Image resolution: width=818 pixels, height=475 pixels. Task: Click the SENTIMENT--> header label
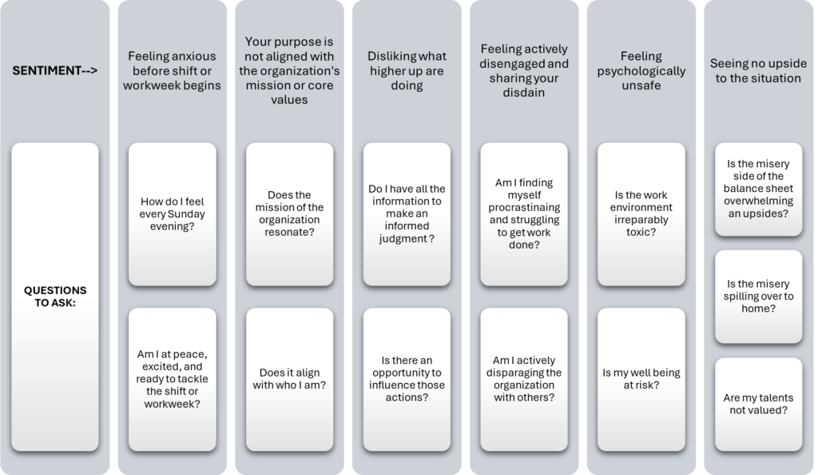(x=55, y=70)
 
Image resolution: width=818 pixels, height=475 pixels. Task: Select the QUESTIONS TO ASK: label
(x=55, y=297)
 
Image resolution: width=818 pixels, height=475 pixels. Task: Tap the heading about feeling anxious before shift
(x=173, y=70)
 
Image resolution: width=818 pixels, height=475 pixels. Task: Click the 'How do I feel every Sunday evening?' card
(x=173, y=214)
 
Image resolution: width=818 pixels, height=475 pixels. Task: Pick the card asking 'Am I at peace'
(x=173, y=380)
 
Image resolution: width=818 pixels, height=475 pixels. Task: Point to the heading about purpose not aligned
(x=289, y=70)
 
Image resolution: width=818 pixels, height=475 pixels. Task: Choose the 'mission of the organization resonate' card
(x=289, y=214)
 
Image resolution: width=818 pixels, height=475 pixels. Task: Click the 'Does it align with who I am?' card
(x=289, y=380)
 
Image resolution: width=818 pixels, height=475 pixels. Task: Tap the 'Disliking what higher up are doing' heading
(x=407, y=70)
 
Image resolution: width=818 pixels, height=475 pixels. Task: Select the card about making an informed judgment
(x=407, y=214)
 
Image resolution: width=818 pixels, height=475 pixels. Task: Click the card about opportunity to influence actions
(x=407, y=380)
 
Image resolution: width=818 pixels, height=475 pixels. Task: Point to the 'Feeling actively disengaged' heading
(x=524, y=70)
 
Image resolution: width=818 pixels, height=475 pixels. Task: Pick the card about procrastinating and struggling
(x=524, y=214)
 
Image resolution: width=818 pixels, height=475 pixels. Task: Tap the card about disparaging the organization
(x=524, y=380)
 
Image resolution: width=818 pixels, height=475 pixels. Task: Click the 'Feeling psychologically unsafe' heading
(x=641, y=70)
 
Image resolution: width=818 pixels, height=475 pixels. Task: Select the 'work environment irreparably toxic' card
(x=641, y=214)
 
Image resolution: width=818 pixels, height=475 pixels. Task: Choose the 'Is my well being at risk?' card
(x=641, y=380)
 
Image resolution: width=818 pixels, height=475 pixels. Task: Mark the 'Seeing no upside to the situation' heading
(x=759, y=70)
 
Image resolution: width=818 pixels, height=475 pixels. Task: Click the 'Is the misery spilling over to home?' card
(x=759, y=297)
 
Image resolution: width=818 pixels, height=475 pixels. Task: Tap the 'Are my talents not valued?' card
(x=759, y=404)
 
